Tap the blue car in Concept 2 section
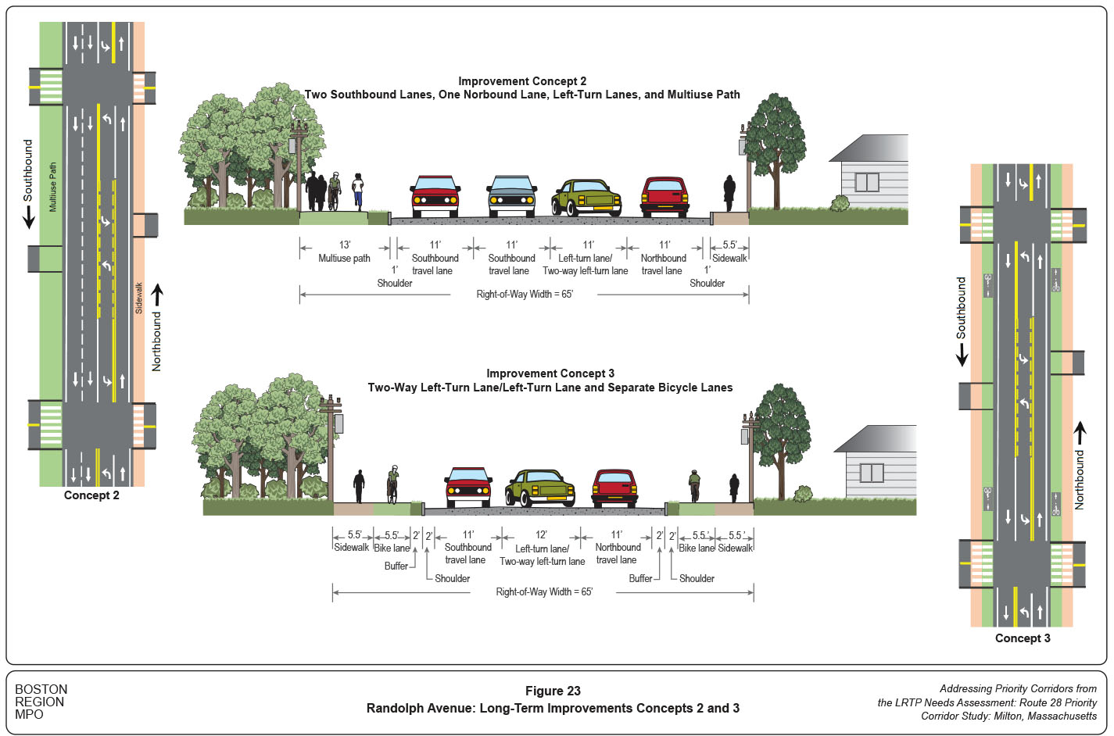511,197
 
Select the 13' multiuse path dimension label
344,252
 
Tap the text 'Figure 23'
553,691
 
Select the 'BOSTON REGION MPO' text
41,702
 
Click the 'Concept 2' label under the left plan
91,495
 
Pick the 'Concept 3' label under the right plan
1023,638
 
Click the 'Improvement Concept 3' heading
550,373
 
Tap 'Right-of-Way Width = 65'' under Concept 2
525,295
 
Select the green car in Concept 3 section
540,488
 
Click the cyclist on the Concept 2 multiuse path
335,191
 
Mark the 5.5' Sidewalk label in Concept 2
729,252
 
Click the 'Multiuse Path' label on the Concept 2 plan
53,188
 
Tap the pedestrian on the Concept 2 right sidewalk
729,193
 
